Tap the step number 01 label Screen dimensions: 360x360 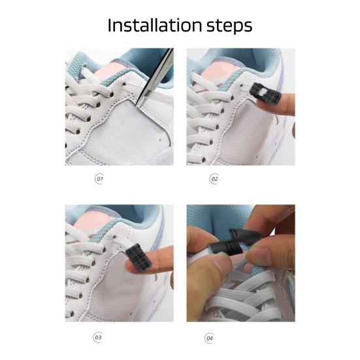(x=100, y=178)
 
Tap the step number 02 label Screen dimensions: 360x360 (x=214, y=178)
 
